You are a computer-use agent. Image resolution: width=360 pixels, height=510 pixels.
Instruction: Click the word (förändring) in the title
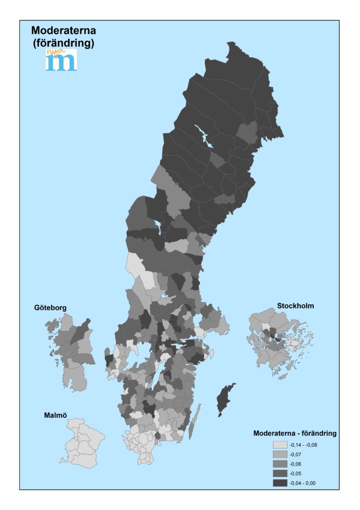[x=63, y=43]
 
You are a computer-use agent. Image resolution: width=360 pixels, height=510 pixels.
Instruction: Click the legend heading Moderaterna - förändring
[x=295, y=433]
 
